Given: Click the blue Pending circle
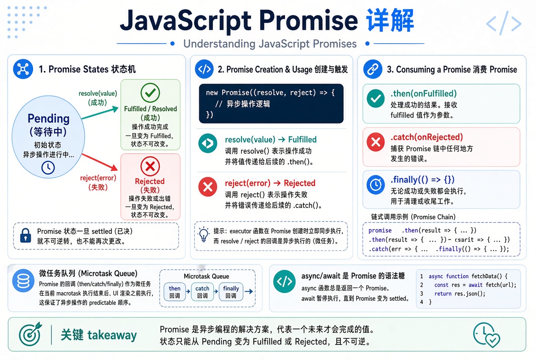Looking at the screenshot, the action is click(x=48, y=137).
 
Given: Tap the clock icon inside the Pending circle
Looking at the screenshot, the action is click(x=48, y=168).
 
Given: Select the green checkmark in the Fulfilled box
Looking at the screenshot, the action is click(x=150, y=93).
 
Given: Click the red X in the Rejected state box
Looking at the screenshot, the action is click(x=150, y=166).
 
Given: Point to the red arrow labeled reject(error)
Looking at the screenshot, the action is click(x=100, y=162).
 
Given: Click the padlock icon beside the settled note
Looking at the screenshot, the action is click(x=26, y=236).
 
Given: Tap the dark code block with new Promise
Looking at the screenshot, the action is click(x=271, y=103).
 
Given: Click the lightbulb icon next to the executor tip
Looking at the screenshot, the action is click(x=204, y=234).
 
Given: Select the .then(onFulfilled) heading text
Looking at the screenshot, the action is click(x=424, y=94).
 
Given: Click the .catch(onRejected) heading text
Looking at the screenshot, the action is click(x=427, y=137).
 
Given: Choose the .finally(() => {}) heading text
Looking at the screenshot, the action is click(x=422, y=180).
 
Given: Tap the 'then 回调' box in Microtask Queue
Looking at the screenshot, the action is click(x=175, y=292).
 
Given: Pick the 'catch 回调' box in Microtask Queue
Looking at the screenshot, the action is click(x=202, y=292).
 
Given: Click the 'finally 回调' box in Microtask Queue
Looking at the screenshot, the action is click(x=231, y=292).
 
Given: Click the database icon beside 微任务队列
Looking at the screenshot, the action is click(x=23, y=281).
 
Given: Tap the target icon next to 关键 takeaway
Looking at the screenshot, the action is click(x=30, y=334).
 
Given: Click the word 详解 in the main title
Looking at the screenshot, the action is click(x=390, y=21).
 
